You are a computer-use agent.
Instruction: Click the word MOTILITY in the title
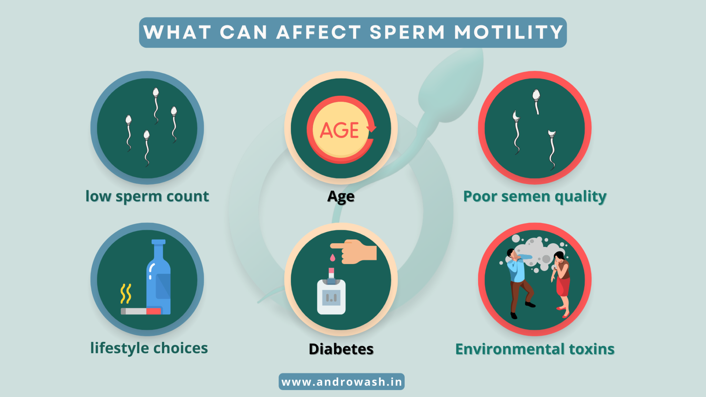pyautogui.click(x=508, y=32)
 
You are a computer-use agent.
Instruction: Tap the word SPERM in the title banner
pyautogui.click(x=407, y=32)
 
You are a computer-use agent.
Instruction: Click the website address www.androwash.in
pyautogui.click(x=341, y=382)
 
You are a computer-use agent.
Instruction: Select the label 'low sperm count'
pyautogui.click(x=147, y=196)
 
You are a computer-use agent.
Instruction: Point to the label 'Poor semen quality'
pyautogui.click(x=535, y=196)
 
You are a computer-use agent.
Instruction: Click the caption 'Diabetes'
pyautogui.click(x=341, y=349)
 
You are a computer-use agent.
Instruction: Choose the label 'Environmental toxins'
pyautogui.click(x=535, y=349)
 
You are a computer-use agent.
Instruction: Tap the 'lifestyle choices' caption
pyautogui.click(x=149, y=348)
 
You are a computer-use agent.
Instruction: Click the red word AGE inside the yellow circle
pyautogui.click(x=340, y=130)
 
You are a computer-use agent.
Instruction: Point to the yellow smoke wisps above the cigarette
pyautogui.click(x=126, y=293)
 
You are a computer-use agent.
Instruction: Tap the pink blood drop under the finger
pyautogui.click(x=332, y=257)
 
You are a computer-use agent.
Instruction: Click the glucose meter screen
pyautogui.click(x=331, y=297)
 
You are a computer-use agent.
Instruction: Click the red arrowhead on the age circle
pyautogui.click(x=372, y=129)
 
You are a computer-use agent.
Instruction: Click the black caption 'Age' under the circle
pyautogui.click(x=341, y=196)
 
